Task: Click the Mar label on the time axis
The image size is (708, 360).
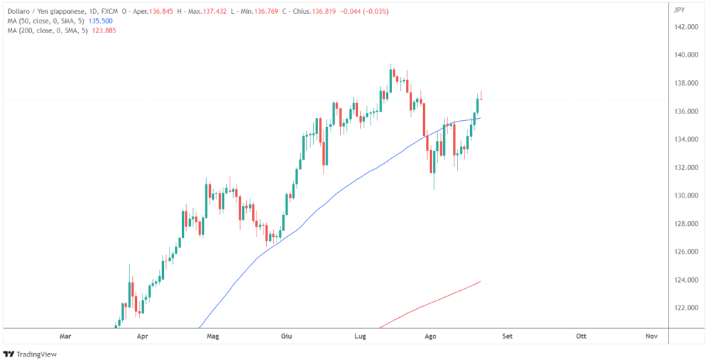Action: click(x=66, y=337)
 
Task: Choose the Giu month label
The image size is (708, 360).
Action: click(x=286, y=337)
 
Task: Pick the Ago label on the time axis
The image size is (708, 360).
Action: click(x=430, y=337)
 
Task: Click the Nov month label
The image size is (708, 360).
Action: click(x=651, y=337)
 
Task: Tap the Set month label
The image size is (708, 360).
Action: click(x=507, y=337)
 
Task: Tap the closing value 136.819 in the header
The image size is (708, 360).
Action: click(x=327, y=11)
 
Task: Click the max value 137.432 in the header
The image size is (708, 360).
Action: click(x=209, y=11)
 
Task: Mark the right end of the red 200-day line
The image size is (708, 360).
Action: click(x=481, y=281)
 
